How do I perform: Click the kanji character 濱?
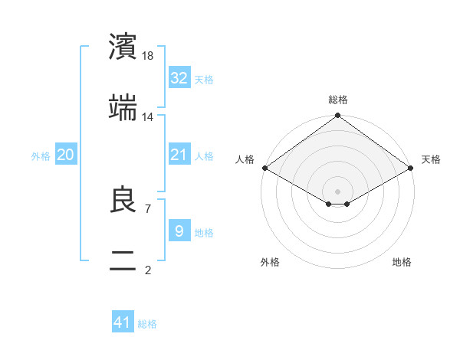tap(123, 47)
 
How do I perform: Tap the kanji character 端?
tap(123, 108)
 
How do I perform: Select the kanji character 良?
tap(123, 200)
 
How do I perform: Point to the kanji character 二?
tap(123, 261)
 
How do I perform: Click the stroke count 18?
tap(149, 55)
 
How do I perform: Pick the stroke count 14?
tap(149, 116)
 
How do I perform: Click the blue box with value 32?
tap(179, 78)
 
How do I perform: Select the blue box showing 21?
tap(179, 155)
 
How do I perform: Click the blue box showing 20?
tap(66, 155)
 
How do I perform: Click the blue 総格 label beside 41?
tap(147, 324)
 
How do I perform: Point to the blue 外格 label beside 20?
tap(41, 155)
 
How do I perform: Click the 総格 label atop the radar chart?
tap(337, 100)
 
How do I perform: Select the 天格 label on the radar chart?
tap(431, 159)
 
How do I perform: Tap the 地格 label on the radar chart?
tap(402, 262)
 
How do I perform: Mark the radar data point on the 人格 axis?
tap(264, 168)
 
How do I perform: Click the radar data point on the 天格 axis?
tap(411, 168)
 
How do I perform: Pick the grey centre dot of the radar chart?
tap(337, 191)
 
